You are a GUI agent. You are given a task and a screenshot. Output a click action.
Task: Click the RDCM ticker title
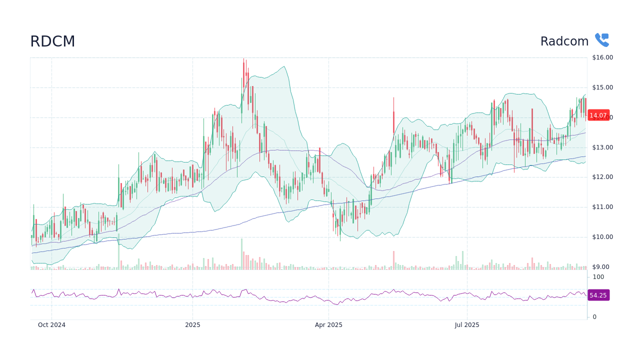(52, 41)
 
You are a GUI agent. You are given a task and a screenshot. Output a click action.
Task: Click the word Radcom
(564, 41)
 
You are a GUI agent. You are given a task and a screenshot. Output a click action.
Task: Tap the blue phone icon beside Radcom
(601, 40)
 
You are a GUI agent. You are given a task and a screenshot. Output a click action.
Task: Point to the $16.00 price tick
(602, 57)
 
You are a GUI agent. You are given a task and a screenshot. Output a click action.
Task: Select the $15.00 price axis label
(602, 87)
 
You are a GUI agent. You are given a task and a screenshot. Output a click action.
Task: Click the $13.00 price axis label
(602, 147)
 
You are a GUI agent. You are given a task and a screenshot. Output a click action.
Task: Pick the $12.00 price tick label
(602, 177)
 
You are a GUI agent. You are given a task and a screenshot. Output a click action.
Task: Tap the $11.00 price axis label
(602, 207)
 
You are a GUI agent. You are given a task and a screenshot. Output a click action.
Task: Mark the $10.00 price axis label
(602, 237)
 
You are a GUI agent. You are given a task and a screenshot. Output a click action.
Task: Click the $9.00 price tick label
(600, 267)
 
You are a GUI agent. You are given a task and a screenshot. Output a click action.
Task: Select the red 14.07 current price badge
(598, 115)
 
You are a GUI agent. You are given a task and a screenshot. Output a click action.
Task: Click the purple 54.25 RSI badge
(598, 295)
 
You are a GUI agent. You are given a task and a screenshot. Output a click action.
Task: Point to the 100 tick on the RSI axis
(598, 277)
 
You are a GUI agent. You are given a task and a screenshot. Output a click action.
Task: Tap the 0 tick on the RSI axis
(594, 317)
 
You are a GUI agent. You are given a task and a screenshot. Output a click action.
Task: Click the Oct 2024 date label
(51, 325)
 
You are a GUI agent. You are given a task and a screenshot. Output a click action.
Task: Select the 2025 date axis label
(192, 325)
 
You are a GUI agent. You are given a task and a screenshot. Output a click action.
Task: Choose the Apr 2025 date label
(328, 325)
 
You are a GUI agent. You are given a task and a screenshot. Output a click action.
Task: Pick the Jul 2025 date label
(467, 325)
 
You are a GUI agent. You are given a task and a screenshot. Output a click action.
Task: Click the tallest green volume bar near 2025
(241, 254)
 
